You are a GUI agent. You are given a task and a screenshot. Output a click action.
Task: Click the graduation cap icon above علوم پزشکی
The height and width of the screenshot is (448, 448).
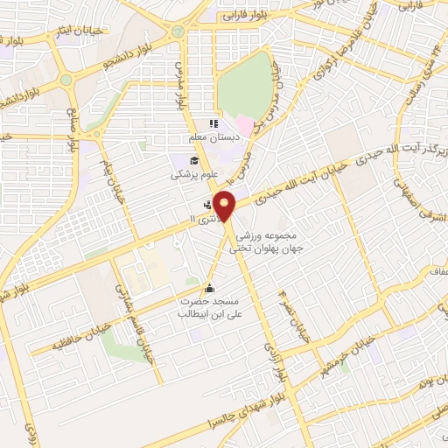(x=192, y=159)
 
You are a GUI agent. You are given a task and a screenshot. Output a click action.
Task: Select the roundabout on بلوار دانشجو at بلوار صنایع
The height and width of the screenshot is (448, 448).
(x=66, y=80)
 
